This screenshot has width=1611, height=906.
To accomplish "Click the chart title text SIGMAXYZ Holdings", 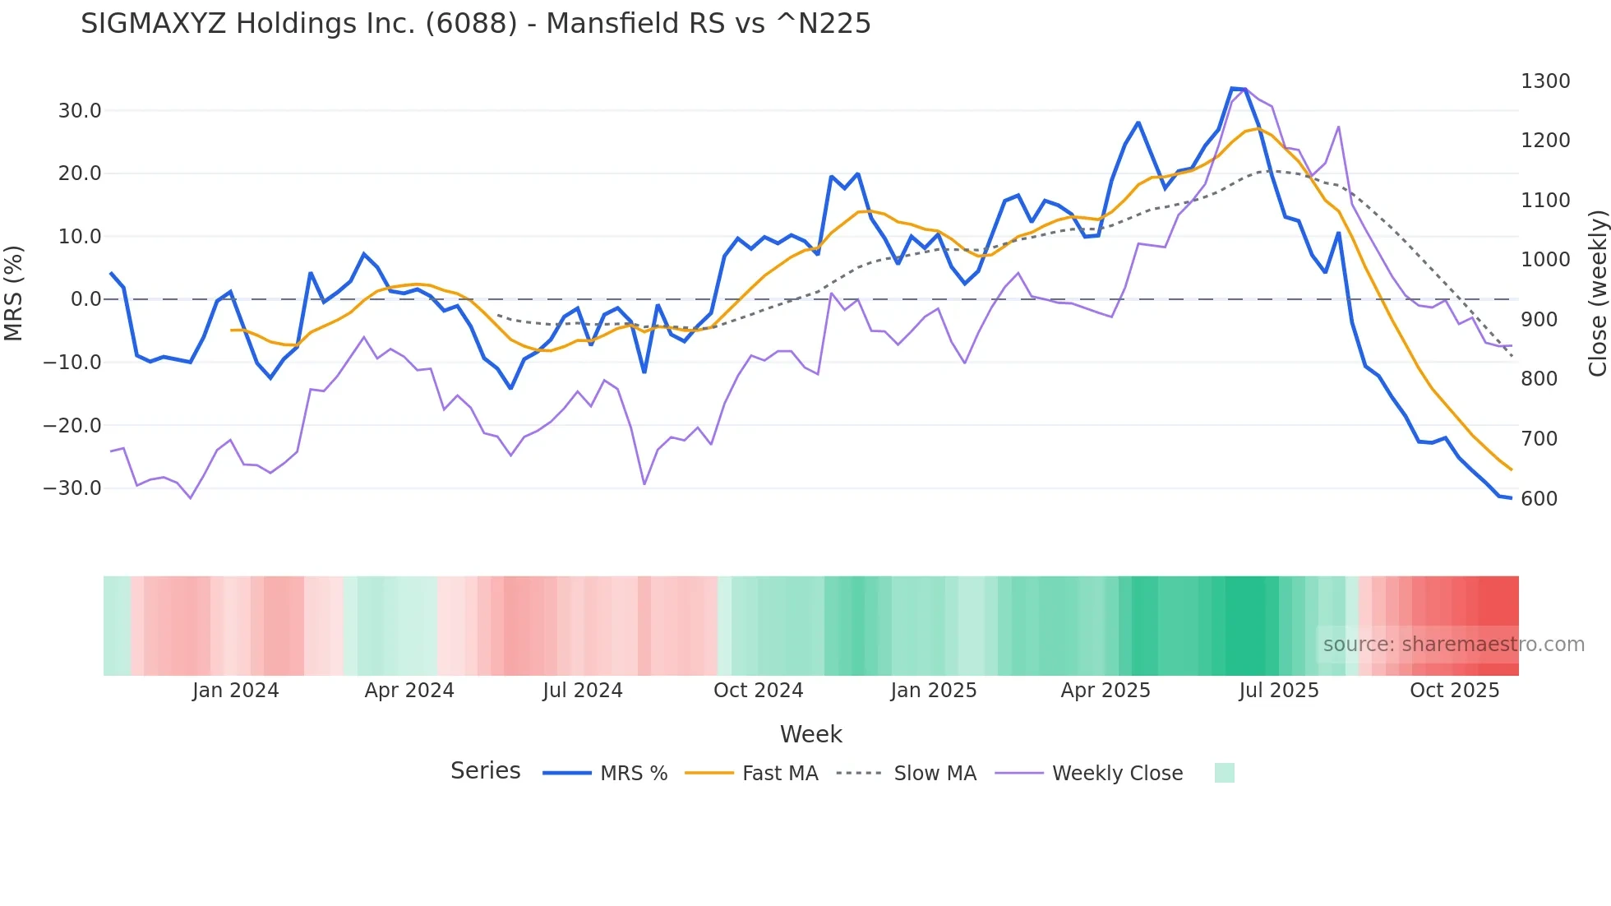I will [475, 24].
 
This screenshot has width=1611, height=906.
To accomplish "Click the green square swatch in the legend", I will [1224, 773].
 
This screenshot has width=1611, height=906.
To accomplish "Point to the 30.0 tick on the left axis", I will [80, 111].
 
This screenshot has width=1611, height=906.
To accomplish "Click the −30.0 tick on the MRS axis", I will [73, 488].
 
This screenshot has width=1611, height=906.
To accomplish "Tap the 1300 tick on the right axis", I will [1545, 81].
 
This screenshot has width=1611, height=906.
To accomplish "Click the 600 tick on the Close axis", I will [1539, 499].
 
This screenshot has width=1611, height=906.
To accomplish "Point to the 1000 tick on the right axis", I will [1545, 260].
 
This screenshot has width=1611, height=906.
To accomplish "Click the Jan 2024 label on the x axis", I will [236, 691].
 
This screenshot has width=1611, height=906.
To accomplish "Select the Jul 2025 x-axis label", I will [1278, 691].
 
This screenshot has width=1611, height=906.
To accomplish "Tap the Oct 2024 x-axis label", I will [758, 691].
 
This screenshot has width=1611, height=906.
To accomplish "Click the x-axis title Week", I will [810, 734].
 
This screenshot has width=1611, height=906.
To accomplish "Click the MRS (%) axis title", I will [14, 294].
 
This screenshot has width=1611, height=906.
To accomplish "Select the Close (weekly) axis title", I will [1597, 294].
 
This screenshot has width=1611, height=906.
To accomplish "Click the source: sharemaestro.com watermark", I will [1453, 645].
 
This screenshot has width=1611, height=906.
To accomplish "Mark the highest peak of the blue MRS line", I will [1232, 88].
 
